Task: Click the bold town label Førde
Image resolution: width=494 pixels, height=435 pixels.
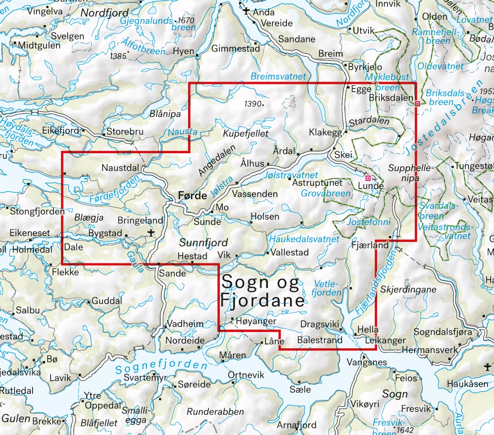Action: [x=192, y=196]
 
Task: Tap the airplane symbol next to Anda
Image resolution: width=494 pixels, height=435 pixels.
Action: [x=246, y=11]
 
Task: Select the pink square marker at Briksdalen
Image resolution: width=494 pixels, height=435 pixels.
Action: [x=417, y=104]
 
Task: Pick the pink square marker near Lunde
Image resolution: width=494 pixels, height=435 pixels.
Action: [x=368, y=178]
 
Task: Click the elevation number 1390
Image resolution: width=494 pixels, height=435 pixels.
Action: [x=252, y=104]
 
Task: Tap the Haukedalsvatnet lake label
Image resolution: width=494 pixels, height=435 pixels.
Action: [x=304, y=239]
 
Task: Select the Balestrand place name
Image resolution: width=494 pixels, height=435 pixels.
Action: [x=319, y=340]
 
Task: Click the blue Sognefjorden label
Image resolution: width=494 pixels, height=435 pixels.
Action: [x=161, y=367]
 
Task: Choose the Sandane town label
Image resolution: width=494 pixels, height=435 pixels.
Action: [x=297, y=39]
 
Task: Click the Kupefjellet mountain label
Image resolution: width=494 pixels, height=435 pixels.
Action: [x=245, y=133]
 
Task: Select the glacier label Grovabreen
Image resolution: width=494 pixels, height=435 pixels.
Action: [x=326, y=193]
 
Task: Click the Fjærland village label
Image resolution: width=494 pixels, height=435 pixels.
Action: [x=370, y=245]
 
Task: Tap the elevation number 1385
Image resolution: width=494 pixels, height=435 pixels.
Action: [x=118, y=56]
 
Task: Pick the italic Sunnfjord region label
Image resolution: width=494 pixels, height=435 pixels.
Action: [x=203, y=242]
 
